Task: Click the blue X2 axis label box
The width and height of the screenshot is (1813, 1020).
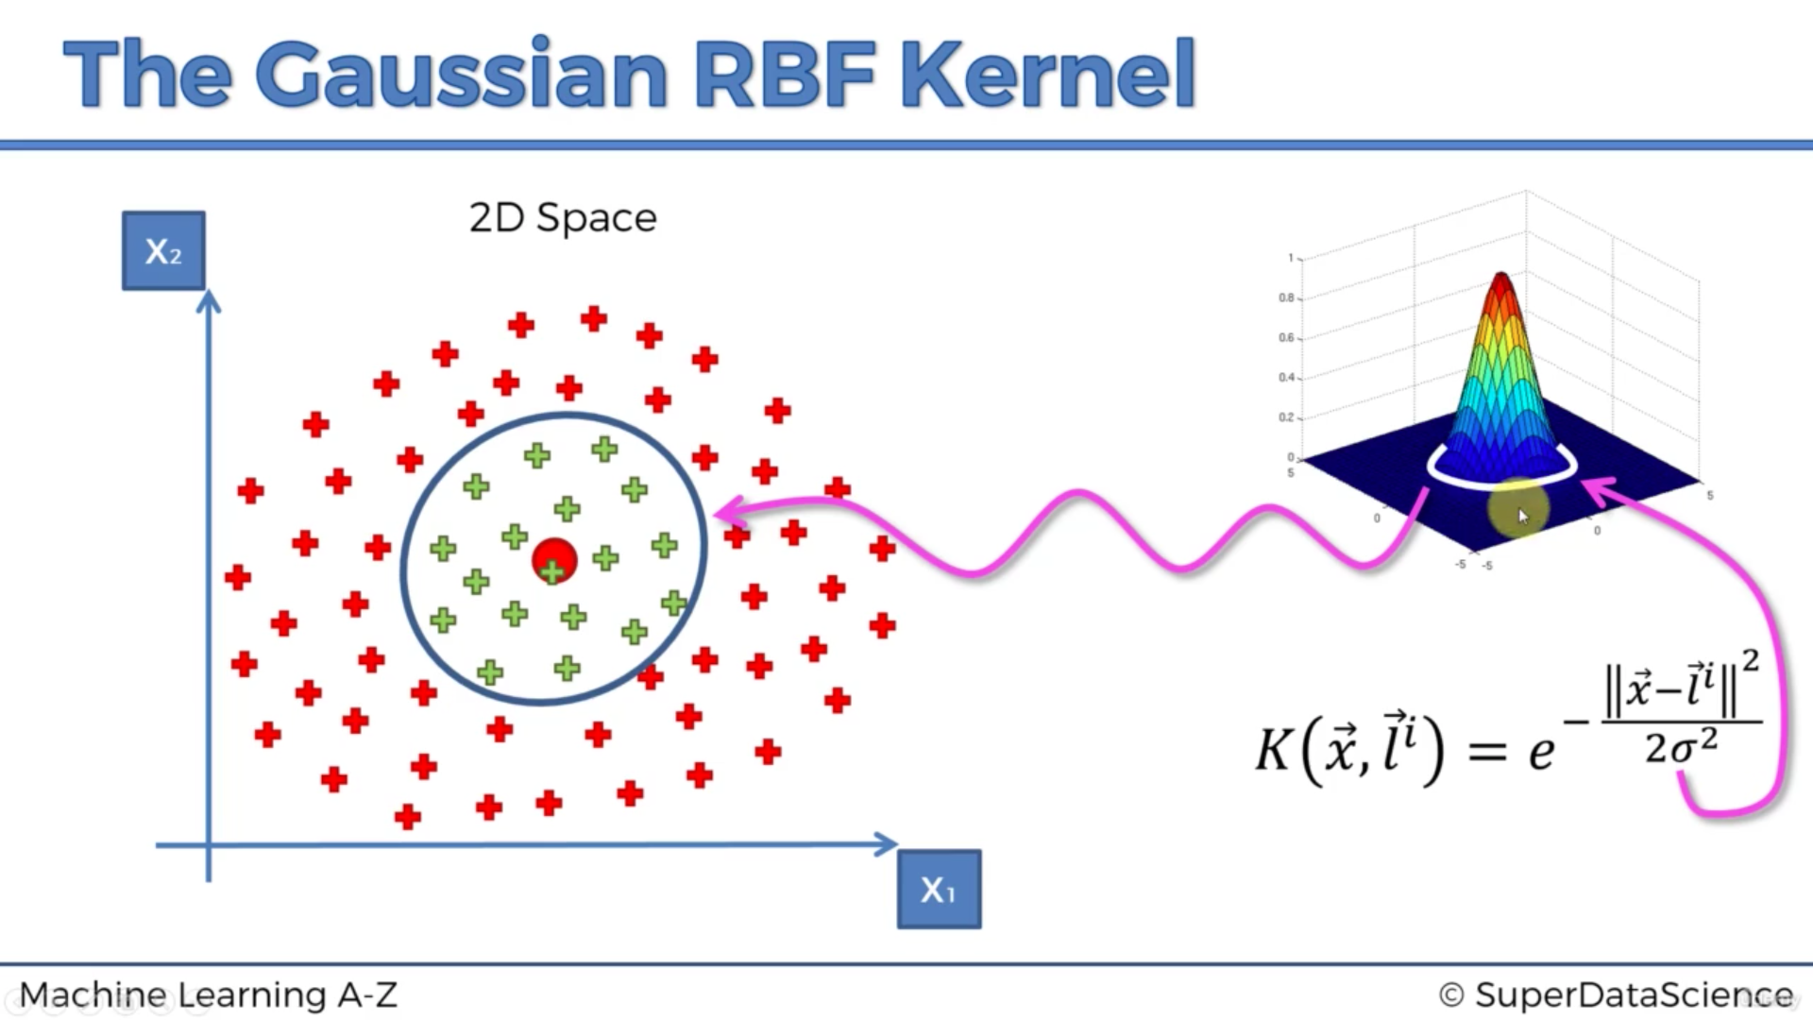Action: point(163,250)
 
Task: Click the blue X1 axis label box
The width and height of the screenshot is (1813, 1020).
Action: point(939,889)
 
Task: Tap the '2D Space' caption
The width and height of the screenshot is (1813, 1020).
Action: point(563,218)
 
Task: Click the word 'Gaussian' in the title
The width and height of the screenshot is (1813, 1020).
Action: point(462,74)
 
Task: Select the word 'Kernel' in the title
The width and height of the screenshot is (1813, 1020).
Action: point(1048,74)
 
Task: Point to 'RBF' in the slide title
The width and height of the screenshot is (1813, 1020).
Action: point(784,74)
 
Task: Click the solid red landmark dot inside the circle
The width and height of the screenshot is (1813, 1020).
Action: point(554,561)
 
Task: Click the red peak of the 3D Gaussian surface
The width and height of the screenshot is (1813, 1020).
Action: point(1501,283)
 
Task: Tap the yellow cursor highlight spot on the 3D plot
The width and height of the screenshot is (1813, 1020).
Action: point(1517,511)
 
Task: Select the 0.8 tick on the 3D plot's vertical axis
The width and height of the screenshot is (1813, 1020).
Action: point(1286,297)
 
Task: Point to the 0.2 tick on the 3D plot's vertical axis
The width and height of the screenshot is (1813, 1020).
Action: point(1286,417)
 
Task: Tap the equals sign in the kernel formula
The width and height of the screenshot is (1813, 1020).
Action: point(1487,752)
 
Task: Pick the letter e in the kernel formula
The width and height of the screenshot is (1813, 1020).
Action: point(1541,753)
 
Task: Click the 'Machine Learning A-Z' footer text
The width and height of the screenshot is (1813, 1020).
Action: point(209,994)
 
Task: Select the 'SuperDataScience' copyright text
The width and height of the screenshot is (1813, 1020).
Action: point(1634,994)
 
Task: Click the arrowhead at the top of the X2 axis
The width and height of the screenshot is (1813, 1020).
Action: point(209,301)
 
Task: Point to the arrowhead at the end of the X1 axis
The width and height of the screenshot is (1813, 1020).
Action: point(886,844)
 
